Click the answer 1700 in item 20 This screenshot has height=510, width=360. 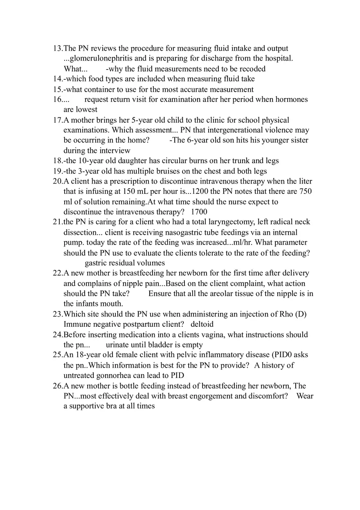click(199, 212)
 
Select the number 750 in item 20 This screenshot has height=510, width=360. click(306, 191)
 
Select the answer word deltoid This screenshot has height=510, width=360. click(202, 324)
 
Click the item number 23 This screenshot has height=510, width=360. click(57, 314)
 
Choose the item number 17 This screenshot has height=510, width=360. click(57, 120)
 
